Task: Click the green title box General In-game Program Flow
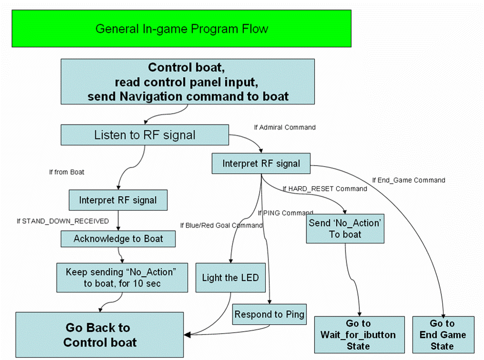(182, 28)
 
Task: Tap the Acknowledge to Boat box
(118, 238)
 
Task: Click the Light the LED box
(230, 278)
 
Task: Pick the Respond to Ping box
(269, 314)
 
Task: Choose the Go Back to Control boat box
(100, 334)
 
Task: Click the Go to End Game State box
(442, 334)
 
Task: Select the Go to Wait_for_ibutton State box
(358, 334)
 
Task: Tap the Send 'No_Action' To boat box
(345, 229)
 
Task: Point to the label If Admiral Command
(285, 127)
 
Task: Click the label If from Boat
(67, 172)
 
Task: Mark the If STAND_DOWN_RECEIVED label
(63, 221)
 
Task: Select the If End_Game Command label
(409, 180)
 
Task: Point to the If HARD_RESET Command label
(325, 189)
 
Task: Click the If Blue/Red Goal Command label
(221, 225)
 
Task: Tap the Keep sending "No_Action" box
(121, 277)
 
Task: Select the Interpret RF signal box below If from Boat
(118, 199)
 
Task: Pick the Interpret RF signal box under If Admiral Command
(261, 164)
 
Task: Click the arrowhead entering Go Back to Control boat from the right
(188, 335)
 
